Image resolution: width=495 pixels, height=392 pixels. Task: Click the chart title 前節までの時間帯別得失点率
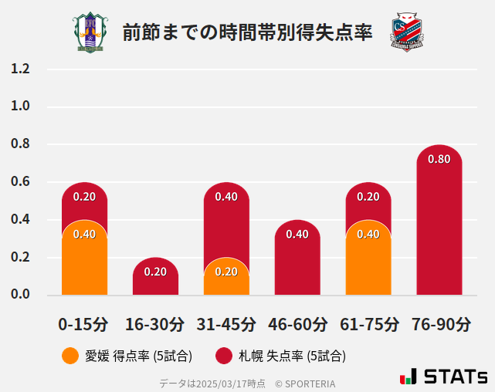click(x=247, y=32)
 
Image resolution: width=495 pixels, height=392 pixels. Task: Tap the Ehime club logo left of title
click(x=90, y=32)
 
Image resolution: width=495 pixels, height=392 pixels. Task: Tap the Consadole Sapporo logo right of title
click(x=407, y=32)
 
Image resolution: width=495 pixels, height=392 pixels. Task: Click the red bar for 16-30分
click(x=155, y=278)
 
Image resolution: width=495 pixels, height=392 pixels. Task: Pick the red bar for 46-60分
click(x=297, y=262)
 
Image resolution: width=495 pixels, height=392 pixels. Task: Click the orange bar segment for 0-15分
click(x=84, y=262)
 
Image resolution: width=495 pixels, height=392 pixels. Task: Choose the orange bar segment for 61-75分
click(x=368, y=262)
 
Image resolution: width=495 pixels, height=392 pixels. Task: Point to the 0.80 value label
click(x=439, y=159)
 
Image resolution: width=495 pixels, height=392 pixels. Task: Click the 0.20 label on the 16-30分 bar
click(x=155, y=272)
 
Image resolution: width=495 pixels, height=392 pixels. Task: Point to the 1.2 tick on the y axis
click(x=20, y=69)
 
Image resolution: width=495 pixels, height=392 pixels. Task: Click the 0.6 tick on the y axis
click(x=20, y=182)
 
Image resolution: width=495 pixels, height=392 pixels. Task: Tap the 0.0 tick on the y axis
click(x=20, y=295)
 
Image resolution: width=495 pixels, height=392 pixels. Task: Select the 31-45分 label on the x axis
click(x=226, y=324)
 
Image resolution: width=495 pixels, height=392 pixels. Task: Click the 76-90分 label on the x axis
click(x=439, y=324)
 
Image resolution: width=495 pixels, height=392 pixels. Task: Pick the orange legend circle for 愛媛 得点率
click(x=70, y=356)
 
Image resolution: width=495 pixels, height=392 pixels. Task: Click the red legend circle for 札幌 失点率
click(x=224, y=356)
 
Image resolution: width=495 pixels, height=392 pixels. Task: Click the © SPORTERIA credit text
click(x=305, y=383)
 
